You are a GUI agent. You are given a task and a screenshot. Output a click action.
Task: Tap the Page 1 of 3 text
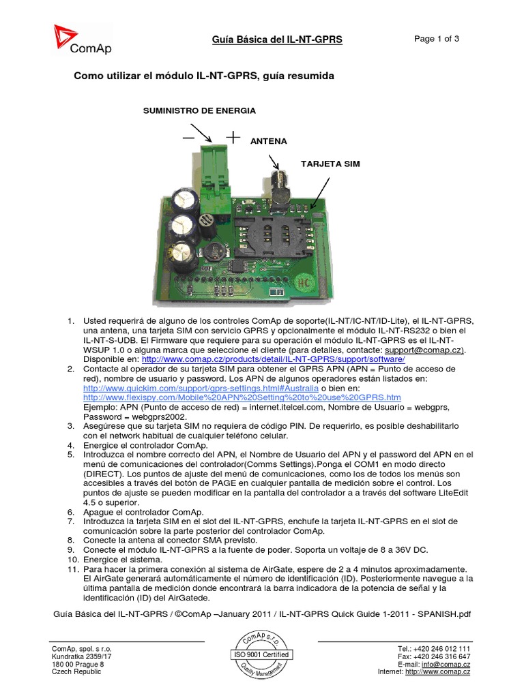coord(437,39)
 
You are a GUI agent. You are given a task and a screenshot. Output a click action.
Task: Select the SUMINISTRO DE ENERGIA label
coord(199,110)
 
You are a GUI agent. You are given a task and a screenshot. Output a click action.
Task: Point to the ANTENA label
coord(269,141)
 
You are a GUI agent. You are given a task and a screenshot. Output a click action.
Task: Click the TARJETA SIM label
coord(330,164)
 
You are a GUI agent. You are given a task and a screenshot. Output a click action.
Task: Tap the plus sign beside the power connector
coord(233,137)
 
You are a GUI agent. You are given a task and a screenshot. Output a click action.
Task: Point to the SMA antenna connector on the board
coord(280,187)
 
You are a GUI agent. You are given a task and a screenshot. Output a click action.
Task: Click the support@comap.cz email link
coord(423,349)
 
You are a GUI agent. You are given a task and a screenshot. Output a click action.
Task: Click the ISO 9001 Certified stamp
coord(261,654)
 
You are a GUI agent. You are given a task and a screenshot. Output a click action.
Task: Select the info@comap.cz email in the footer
coord(446,664)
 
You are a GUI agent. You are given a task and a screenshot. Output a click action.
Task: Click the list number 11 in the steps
coord(70,568)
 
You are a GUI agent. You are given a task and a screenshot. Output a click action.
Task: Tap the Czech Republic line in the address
coord(76,672)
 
